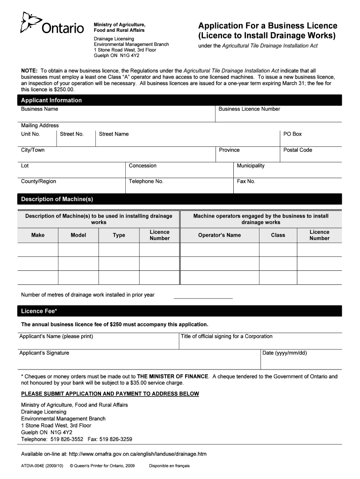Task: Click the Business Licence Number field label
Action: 249,109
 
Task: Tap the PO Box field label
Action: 292,134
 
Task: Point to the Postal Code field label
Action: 297,150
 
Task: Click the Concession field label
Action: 143,166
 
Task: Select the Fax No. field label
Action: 246,181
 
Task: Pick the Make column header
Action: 38,235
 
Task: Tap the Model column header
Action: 78,235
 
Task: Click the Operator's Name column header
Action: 219,235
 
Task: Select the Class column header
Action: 278,235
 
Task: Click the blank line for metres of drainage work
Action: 203,296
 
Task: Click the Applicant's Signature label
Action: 44,353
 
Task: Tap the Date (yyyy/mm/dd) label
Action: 285,353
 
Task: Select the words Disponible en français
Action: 169,466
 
